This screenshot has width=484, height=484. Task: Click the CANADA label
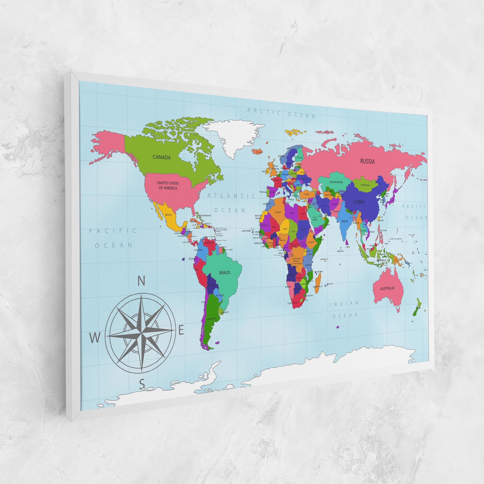[x=162, y=157]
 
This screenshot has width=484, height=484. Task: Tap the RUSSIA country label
[x=367, y=161]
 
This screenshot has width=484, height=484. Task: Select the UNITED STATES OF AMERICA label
[x=168, y=185]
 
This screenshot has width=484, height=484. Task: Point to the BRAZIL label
[x=225, y=273]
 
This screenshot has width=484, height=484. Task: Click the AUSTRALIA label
[x=387, y=288]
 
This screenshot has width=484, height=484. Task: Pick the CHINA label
[x=359, y=202]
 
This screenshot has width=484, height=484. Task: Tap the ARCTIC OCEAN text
[x=281, y=113]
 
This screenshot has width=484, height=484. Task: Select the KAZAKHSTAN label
[x=336, y=182]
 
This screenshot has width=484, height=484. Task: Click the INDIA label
[x=345, y=221]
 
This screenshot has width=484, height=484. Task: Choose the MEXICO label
[x=169, y=215]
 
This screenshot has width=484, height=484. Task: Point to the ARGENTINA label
[x=212, y=318]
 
